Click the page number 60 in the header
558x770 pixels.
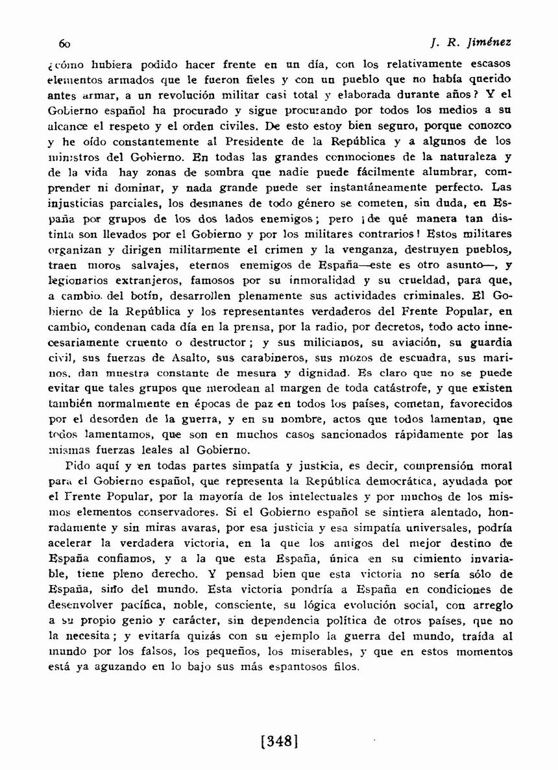64,43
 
